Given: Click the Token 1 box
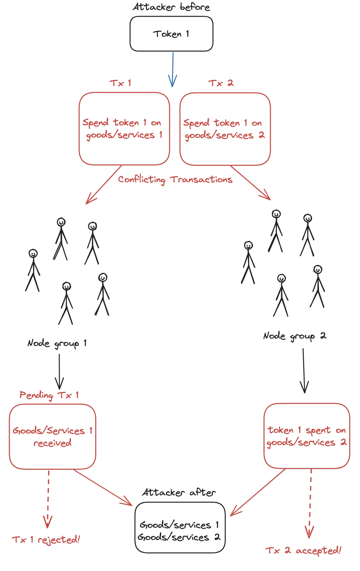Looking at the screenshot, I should (171, 34).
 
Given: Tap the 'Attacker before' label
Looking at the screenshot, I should (171, 7).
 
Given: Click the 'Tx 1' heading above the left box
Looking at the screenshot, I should (120, 83).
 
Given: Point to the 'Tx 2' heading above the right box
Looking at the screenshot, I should (221, 83).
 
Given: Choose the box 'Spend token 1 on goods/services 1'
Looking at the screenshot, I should (124, 128).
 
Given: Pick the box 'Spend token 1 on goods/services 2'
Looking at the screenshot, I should (225, 129).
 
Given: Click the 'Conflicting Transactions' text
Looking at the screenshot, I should (175, 179).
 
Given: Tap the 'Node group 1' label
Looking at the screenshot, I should (57, 343).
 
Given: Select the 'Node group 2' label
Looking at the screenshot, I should (294, 336).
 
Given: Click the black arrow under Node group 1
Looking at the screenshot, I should (59, 371).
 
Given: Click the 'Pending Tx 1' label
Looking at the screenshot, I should (49, 395).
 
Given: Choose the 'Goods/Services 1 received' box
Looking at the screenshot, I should (52, 436).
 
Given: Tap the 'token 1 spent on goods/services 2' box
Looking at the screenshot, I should (307, 436).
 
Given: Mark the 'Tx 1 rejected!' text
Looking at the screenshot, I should (46, 540).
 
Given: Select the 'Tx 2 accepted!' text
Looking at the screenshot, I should (303, 550).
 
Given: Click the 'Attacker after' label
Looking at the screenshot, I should (179, 492).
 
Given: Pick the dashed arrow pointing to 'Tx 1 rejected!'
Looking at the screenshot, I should (48, 499).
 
